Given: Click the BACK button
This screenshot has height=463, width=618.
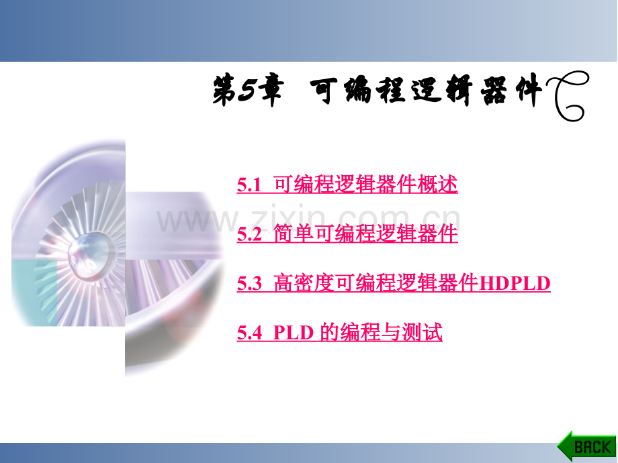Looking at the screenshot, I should tap(586, 446).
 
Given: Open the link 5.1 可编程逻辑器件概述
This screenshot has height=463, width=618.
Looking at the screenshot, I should tap(347, 184).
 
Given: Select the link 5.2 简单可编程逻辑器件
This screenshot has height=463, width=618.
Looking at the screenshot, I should tap(347, 234).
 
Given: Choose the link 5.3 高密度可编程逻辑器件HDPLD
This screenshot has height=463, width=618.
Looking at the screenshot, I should tap(394, 283).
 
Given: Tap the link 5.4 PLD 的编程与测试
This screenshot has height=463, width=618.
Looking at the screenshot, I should tap(339, 332).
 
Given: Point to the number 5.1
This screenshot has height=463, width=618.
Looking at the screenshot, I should tap(249, 185).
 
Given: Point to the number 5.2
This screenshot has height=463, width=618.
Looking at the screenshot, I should tap(249, 234).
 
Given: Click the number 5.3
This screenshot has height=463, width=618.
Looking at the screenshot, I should tap(249, 284).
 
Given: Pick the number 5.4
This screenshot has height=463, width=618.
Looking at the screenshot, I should tap(249, 333).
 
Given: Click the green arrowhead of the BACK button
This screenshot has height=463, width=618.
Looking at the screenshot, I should tap(563, 446).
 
